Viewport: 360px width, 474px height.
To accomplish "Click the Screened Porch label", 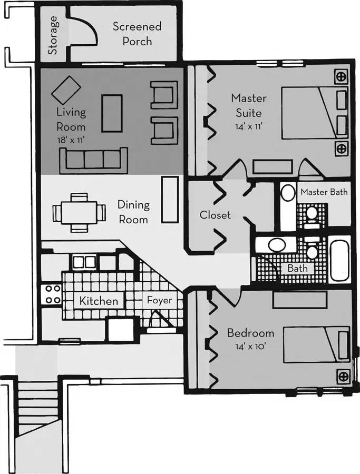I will pyautogui.click(x=137, y=34).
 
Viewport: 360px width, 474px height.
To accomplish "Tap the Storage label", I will pyautogui.click(x=53, y=35).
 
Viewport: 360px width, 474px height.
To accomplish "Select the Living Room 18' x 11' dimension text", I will pyautogui.click(x=71, y=141).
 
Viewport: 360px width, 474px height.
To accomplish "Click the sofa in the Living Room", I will pyautogui.click(x=94, y=160).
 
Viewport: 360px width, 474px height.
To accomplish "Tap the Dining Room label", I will pyautogui.click(x=133, y=212).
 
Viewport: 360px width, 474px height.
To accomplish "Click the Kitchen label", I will pyautogui.click(x=99, y=301).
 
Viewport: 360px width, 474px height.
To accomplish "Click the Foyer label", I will pyautogui.click(x=159, y=301).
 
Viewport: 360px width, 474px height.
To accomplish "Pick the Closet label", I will pyautogui.click(x=215, y=215).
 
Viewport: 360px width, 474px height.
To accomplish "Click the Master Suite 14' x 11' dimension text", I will pyautogui.click(x=249, y=126).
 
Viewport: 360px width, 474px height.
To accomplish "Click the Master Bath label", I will pyautogui.click(x=324, y=192).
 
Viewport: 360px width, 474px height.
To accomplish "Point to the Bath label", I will pyautogui.click(x=297, y=268).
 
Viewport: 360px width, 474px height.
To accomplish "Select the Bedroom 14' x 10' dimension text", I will pyautogui.click(x=250, y=347).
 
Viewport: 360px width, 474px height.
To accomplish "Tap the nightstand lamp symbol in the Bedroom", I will pyautogui.click(x=343, y=376).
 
